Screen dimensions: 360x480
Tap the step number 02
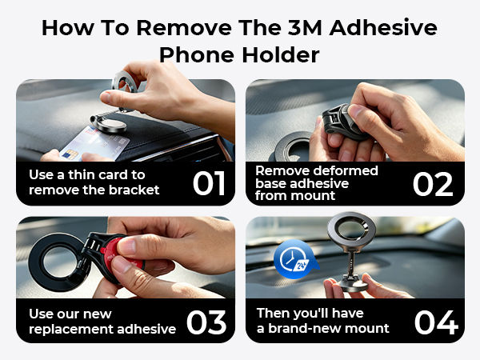(x=434, y=182)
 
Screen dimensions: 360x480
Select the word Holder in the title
(x=281, y=54)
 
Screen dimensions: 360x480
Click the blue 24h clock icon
(x=290, y=262)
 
